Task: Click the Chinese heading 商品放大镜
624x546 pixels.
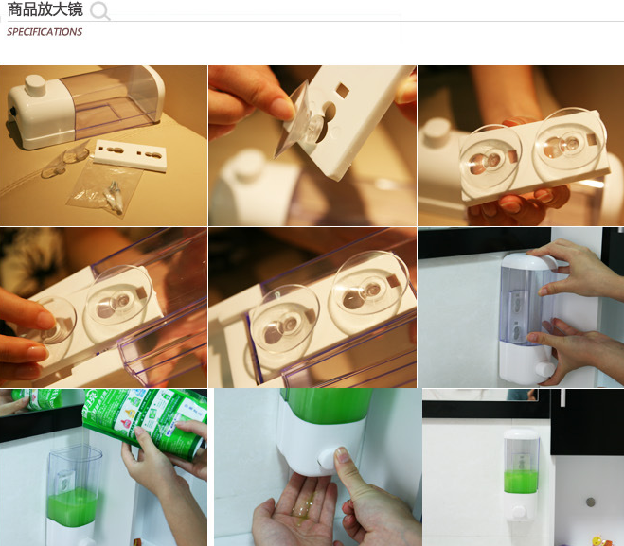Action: (x=45, y=9)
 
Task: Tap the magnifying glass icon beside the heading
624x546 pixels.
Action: (x=99, y=10)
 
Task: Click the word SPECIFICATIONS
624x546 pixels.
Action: (x=45, y=32)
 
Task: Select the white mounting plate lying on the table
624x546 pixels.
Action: (x=130, y=155)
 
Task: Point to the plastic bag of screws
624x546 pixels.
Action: (x=104, y=188)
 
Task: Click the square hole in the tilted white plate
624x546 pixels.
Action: (x=342, y=91)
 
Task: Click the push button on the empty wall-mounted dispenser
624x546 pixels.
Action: (x=544, y=369)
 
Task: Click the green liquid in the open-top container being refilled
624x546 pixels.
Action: (x=72, y=506)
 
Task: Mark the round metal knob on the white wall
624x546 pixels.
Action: (x=591, y=502)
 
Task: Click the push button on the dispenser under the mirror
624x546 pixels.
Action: (x=519, y=511)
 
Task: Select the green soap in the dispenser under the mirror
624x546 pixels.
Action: (x=521, y=482)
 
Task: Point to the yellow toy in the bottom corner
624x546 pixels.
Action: (x=597, y=540)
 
